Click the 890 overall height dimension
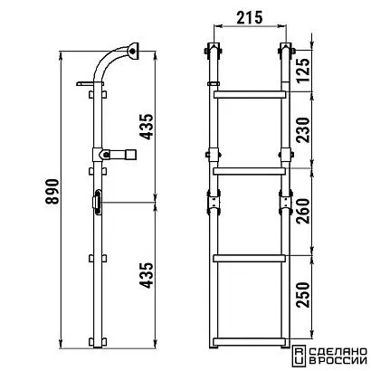52,192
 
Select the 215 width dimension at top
250,18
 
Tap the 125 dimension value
302,70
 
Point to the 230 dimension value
302,130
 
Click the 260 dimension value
302,211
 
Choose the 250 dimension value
302,295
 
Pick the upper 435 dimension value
147,127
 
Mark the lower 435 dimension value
147,275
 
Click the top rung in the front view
250,94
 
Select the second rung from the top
250,171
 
